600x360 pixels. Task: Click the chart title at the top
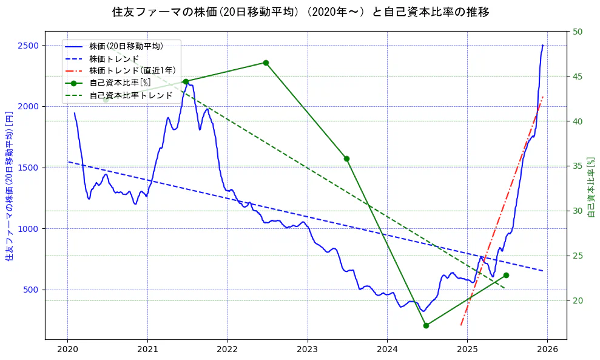point(300,12)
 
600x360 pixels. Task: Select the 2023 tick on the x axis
point(308,349)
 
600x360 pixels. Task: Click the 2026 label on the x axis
point(547,349)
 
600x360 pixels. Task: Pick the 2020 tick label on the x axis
point(67,349)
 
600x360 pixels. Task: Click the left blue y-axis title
point(9,186)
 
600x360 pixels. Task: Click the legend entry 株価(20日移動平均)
point(126,46)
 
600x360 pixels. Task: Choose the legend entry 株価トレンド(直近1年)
point(132,70)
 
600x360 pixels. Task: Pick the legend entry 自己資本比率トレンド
point(130,95)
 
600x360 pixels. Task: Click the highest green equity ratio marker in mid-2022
point(266,63)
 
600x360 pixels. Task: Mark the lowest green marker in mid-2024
point(426,325)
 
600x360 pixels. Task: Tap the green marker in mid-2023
point(346,158)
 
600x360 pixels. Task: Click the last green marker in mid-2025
point(506,275)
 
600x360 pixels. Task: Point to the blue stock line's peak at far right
point(542,46)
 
